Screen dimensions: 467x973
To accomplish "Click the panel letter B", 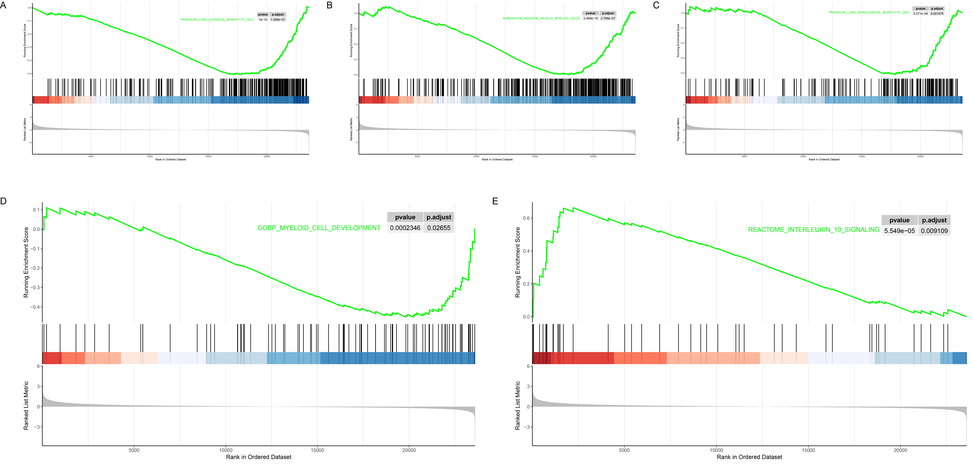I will (329, 5).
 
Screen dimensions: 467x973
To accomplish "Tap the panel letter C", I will (656, 5).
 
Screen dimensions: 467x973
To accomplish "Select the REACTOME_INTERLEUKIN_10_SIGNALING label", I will (814, 230).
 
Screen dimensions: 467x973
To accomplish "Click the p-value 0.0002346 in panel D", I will (405, 228).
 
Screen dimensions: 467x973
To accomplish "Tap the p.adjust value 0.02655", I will (438, 228).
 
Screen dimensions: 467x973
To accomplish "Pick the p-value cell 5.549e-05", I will (899, 231).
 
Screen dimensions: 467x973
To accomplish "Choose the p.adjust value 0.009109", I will (934, 231).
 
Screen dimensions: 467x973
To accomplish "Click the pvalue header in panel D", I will (405, 217).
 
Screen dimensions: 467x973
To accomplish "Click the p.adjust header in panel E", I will (934, 220).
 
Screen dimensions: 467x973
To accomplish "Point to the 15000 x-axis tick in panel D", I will (317, 450).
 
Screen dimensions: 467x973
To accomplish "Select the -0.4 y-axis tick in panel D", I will (35, 307).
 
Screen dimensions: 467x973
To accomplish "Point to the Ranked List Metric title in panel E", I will (517, 405).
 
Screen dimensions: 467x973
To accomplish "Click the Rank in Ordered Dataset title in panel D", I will (259, 457).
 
